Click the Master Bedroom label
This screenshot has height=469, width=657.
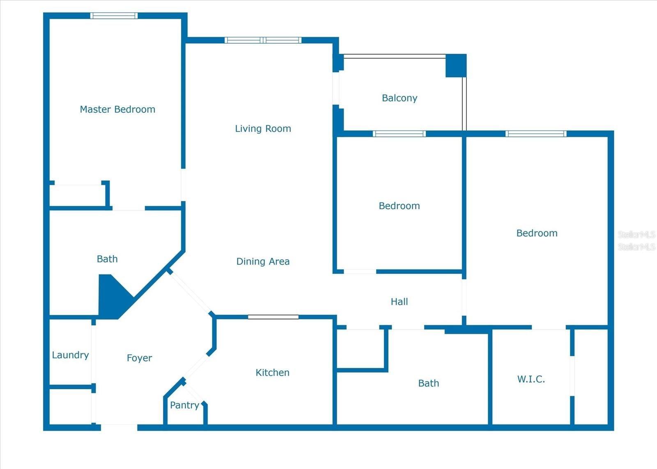(117, 109)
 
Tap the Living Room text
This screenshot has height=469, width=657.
(263, 129)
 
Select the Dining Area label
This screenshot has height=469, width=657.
(263, 261)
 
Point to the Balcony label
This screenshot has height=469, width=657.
(400, 98)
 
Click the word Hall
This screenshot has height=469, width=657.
(399, 302)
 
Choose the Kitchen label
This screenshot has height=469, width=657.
(272, 372)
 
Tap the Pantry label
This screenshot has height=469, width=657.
(184, 405)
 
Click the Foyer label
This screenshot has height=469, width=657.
(139, 358)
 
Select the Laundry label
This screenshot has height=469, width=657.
(70, 355)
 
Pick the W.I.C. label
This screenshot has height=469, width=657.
(531, 379)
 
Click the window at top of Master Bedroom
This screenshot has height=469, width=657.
(114, 16)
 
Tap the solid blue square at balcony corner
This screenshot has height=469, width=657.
(456, 65)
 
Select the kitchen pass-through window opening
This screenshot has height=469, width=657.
(273, 317)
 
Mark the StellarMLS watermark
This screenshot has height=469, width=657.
(636, 240)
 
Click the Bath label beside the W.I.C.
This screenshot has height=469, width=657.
(428, 384)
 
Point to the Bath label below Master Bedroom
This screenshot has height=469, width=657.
(107, 259)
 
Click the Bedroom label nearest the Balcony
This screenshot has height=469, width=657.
(399, 206)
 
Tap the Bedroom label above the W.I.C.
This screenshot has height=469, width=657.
(537, 233)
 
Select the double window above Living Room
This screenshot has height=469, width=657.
(263, 40)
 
